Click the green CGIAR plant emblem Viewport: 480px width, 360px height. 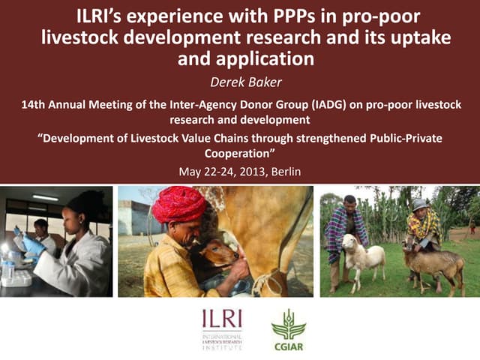288,323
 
